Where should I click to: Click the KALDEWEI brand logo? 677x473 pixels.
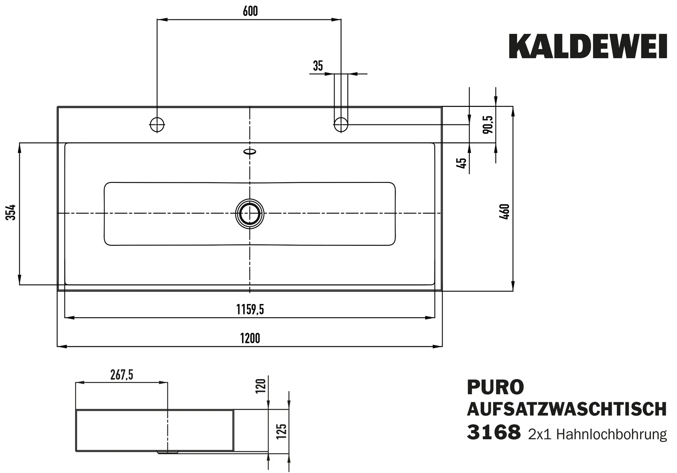tap(588, 47)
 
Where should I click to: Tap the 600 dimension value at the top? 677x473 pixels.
tap(250, 11)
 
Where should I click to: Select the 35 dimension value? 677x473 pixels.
tap(318, 66)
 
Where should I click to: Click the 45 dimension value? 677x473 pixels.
tap(461, 163)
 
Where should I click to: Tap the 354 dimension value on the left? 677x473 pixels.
tap(11, 212)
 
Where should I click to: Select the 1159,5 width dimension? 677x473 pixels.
tap(250, 310)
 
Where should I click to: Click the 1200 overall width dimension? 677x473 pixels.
tap(250, 339)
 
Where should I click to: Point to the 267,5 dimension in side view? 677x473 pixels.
tap(121, 375)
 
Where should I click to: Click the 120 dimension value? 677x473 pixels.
tap(261, 386)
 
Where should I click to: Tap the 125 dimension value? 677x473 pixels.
tap(282, 431)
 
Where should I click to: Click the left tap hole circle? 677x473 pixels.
tap(157, 125)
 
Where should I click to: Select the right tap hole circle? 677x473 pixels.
tap(341, 125)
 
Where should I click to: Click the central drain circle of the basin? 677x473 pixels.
tap(250, 214)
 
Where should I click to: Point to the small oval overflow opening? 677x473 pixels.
tap(250, 151)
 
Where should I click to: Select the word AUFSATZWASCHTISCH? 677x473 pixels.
tap(567, 409)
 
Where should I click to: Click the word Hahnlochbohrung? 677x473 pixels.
tap(611, 434)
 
